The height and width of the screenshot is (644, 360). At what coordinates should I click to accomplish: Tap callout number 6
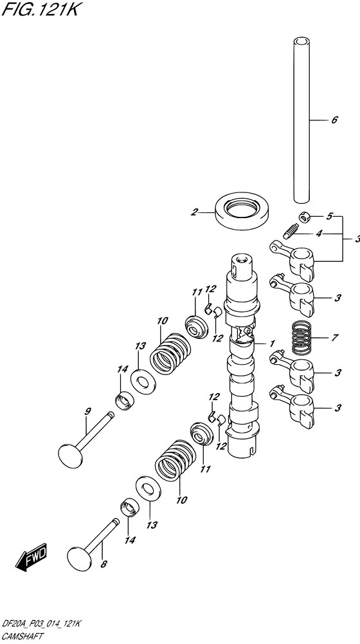334,120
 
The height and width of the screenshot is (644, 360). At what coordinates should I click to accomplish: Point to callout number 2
193,210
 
